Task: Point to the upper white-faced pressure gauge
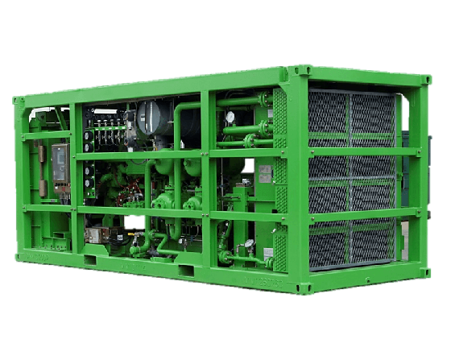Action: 230,118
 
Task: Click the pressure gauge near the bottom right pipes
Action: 249,243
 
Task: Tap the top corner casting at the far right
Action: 425,81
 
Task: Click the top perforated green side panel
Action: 279,116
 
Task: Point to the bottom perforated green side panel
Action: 280,246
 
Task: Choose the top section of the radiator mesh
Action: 350,113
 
